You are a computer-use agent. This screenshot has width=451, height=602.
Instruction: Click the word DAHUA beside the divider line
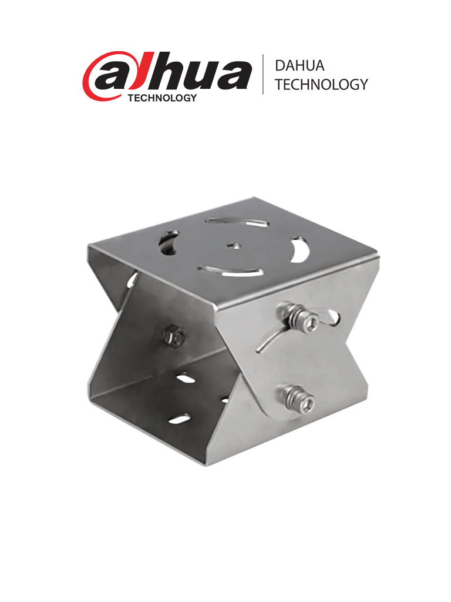tap(299, 66)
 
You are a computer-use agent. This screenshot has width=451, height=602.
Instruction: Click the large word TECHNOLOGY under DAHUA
tap(321, 85)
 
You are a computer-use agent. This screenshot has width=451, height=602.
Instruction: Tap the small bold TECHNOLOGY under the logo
tap(161, 98)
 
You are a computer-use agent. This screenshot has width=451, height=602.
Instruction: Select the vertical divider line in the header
tap(262, 75)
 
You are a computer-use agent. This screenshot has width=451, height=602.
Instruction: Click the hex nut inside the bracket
tap(174, 336)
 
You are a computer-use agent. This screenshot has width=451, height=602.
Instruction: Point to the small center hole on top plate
tap(234, 245)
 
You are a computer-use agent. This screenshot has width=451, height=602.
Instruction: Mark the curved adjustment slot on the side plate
tap(267, 341)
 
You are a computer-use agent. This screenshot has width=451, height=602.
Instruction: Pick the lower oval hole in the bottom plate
tap(180, 420)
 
